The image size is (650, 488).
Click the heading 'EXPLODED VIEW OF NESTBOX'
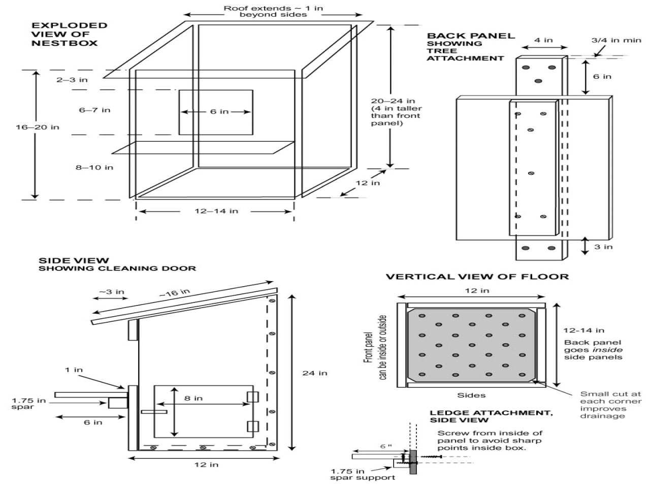pos(70,34)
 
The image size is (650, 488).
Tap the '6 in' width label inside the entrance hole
pos(219,111)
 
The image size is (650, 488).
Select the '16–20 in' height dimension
pos(37,127)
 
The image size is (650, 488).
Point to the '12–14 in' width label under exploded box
pos(216,211)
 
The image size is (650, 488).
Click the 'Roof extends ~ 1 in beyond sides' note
pos(273,11)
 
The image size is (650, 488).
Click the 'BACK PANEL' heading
pos(471,36)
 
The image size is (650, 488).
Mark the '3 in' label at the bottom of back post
pos(603,247)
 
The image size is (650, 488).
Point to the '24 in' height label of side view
pos(315,373)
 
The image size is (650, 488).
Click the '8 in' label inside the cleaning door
pos(193,398)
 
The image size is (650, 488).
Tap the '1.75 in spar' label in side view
pos(28,404)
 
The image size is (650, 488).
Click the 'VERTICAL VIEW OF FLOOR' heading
pos(477,277)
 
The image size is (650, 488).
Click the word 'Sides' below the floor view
pos(471,395)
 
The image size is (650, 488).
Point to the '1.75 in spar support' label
pos(362,474)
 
